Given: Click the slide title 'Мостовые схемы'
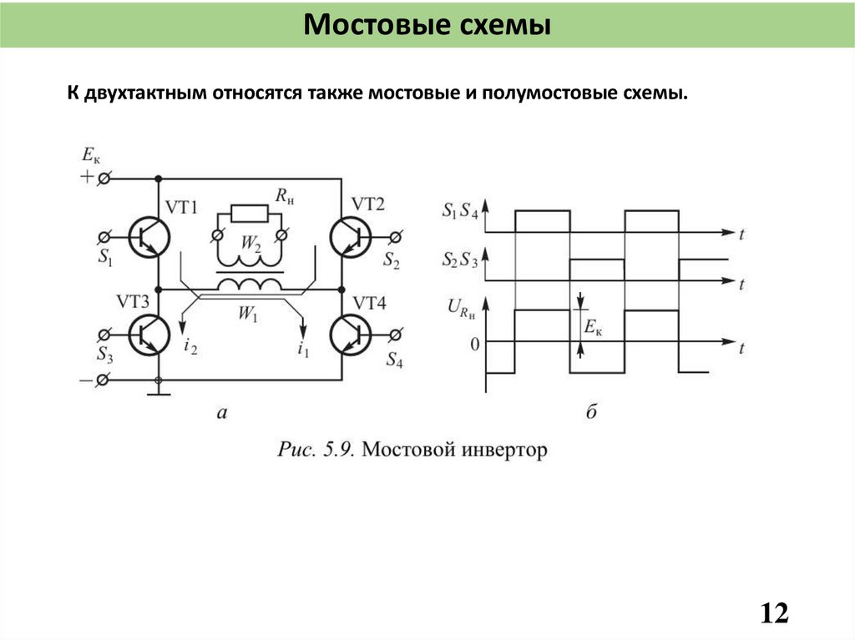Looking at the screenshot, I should click(x=427, y=24).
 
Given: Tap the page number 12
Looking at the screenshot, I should click(x=774, y=613).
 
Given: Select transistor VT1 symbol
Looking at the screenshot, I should click(x=151, y=237).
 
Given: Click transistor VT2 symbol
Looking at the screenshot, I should click(x=350, y=237).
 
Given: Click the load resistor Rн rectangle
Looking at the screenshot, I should click(x=249, y=213).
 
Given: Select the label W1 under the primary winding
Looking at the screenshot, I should click(x=248, y=314).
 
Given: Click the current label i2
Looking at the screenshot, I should click(x=190, y=346).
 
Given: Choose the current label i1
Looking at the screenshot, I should click(x=302, y=350).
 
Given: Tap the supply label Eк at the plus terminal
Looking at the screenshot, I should click(x=90, y=154).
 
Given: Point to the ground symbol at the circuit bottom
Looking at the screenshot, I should click(x=159, y=391).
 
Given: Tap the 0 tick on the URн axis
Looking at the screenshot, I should click(x=474, y=343).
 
